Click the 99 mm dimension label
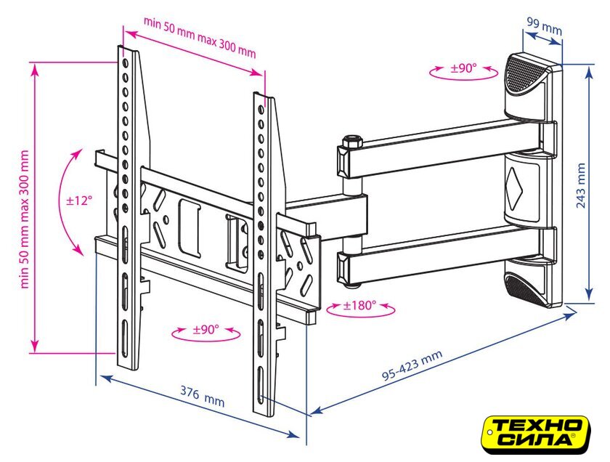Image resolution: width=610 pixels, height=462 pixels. [x=544, y=25]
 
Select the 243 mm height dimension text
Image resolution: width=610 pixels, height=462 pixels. [x=580, y=185]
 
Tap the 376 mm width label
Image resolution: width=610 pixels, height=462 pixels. [x=202, y=396]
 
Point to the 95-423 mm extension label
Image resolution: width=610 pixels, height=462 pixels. [x=412, y=365]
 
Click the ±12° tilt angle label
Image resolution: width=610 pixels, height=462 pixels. [x=79, y=200]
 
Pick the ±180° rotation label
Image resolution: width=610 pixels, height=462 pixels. [x=359, y=305]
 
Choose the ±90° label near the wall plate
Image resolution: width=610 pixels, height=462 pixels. [x=463, y=68]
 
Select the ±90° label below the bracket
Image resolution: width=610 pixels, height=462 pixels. [x=206, y=330]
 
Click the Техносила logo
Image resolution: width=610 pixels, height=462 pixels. [x=536, y=434]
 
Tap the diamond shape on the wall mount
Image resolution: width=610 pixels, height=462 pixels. [x=514, y=188]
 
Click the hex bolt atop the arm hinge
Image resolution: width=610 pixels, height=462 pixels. [x=351, y=140]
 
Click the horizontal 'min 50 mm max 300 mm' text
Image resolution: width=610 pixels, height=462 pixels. [x=200, y=37]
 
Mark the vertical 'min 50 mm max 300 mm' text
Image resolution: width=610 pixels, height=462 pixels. [x=25, y=219]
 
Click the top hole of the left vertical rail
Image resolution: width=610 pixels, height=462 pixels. [x=125, y=63]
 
